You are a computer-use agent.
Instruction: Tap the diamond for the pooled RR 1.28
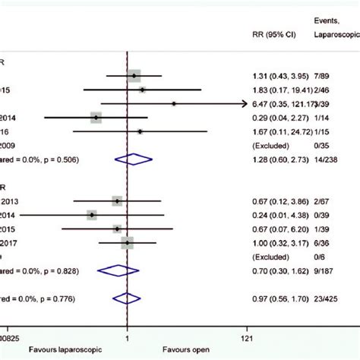pos(133,159)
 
